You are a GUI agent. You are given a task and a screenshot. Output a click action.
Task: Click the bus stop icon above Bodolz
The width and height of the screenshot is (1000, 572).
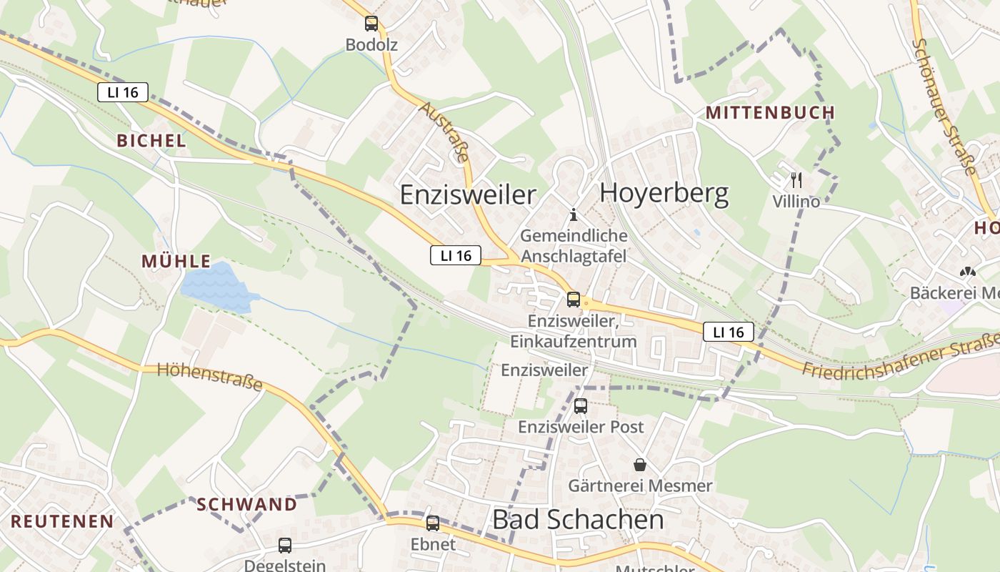point(371,24)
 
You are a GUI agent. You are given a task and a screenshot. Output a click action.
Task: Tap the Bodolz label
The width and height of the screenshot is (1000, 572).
point(371,45)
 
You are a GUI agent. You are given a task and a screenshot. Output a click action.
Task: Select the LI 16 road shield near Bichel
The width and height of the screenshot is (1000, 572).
point(123,92)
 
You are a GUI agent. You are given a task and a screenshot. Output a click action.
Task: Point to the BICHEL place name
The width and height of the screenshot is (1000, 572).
point(151,141)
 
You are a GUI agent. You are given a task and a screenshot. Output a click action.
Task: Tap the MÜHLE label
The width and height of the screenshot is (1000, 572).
point(176,261)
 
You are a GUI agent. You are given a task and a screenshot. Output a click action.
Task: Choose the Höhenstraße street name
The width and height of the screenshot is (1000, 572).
point(209,376)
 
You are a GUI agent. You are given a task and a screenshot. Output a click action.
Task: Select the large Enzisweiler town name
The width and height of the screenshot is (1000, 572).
point(468,194)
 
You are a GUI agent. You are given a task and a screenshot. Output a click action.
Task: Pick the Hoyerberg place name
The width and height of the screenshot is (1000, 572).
point(664,193)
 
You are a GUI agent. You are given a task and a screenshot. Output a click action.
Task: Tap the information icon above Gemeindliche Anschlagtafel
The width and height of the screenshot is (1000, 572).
point(573,214)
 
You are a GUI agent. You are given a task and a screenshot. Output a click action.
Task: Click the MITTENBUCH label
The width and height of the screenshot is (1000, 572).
point(770,112)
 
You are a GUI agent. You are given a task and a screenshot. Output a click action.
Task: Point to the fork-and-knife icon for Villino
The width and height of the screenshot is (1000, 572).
point(796,180)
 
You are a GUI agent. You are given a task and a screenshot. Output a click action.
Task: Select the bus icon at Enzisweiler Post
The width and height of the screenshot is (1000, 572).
point(581,406)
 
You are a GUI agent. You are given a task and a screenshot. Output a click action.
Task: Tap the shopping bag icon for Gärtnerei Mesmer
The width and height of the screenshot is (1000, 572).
point(640,465)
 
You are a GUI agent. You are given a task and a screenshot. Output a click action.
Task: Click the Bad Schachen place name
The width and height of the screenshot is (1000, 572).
point(578,520)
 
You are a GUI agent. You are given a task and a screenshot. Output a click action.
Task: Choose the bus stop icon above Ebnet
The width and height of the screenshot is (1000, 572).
point(433,523)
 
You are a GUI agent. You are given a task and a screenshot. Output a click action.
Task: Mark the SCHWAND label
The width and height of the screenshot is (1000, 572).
point(246,504)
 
